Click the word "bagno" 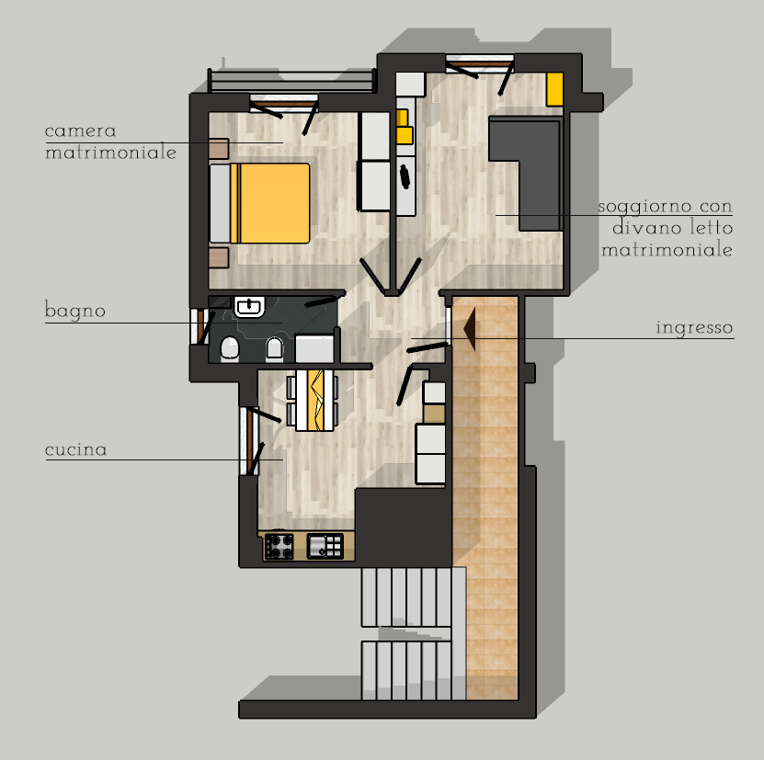pos(75,311)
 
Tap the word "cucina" pos(75,449)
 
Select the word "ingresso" pos(694,328)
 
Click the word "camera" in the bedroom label pos(80,130)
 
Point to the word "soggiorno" pos(644,207)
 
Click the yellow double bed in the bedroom pos(259,203)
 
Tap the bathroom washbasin pos(250,306)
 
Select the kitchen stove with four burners pos(279,546)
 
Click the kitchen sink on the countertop pos(325,546)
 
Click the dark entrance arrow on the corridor pos(470,328)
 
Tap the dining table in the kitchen pos(314,401)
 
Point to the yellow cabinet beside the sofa pos(554,88)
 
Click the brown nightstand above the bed pos(219,149)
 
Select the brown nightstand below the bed pos(219,257)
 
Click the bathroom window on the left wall pos(199,326)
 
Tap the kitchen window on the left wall pos(249,441)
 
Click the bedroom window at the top pos(283,103)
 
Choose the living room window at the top pos(480,63)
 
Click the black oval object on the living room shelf pos(405,176)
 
